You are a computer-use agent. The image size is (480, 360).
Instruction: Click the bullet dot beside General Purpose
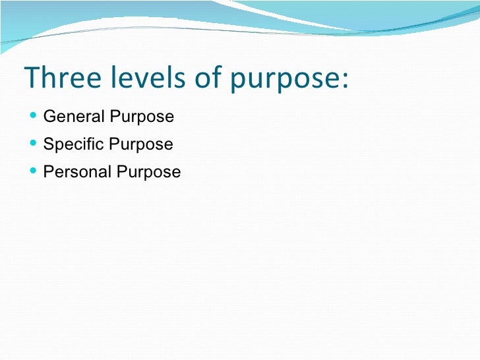tap(34, 117)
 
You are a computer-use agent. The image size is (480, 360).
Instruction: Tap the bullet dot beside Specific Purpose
tap(34, 144)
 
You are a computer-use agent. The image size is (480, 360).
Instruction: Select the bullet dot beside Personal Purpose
tap(34, 172)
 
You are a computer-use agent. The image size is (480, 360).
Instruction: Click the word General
tap(74, 117)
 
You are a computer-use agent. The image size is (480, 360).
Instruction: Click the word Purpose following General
tap(142, 118)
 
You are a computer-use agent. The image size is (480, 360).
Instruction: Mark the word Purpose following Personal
tap(148, 173)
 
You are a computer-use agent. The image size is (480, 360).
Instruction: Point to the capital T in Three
tap(31, 78)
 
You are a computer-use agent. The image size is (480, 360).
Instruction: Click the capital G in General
tap(48, 117)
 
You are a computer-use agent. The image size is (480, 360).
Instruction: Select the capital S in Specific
tap(47, 144)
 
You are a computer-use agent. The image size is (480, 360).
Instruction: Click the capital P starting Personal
tap(47, 172)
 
